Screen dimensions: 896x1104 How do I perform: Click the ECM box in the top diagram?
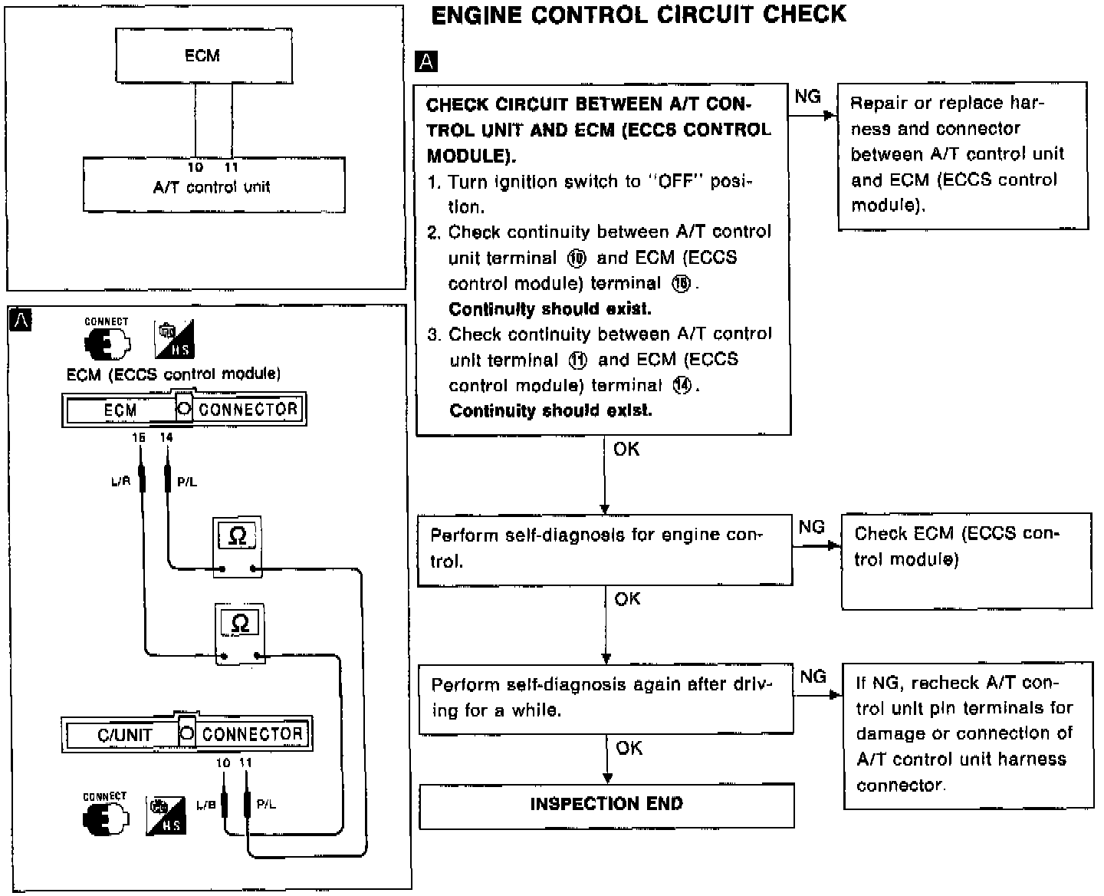click(203, 56)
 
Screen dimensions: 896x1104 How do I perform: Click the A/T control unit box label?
click(212, 186)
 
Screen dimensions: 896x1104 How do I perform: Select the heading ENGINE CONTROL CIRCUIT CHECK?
click(639, 15)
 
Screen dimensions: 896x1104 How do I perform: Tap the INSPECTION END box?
click(606, 804)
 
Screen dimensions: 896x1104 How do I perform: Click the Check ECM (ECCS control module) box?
click(966, 560)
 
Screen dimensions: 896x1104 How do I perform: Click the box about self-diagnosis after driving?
click(606, 697)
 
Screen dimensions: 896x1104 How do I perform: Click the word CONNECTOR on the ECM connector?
click(248, 410)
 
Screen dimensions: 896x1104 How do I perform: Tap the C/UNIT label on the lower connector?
click(123, 735)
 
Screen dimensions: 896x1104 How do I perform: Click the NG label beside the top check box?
click(807, 97)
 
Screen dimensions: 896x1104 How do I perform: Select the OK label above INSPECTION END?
click(629, 747)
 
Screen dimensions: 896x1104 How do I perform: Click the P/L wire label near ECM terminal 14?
click(186, 482)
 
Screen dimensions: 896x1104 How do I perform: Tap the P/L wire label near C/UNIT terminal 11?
click(266, 805)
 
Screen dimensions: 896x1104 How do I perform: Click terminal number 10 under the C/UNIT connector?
click(222, 763)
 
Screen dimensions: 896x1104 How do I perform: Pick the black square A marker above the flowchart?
click(426, 61)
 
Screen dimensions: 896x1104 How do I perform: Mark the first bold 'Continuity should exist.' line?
click(550, 309)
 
